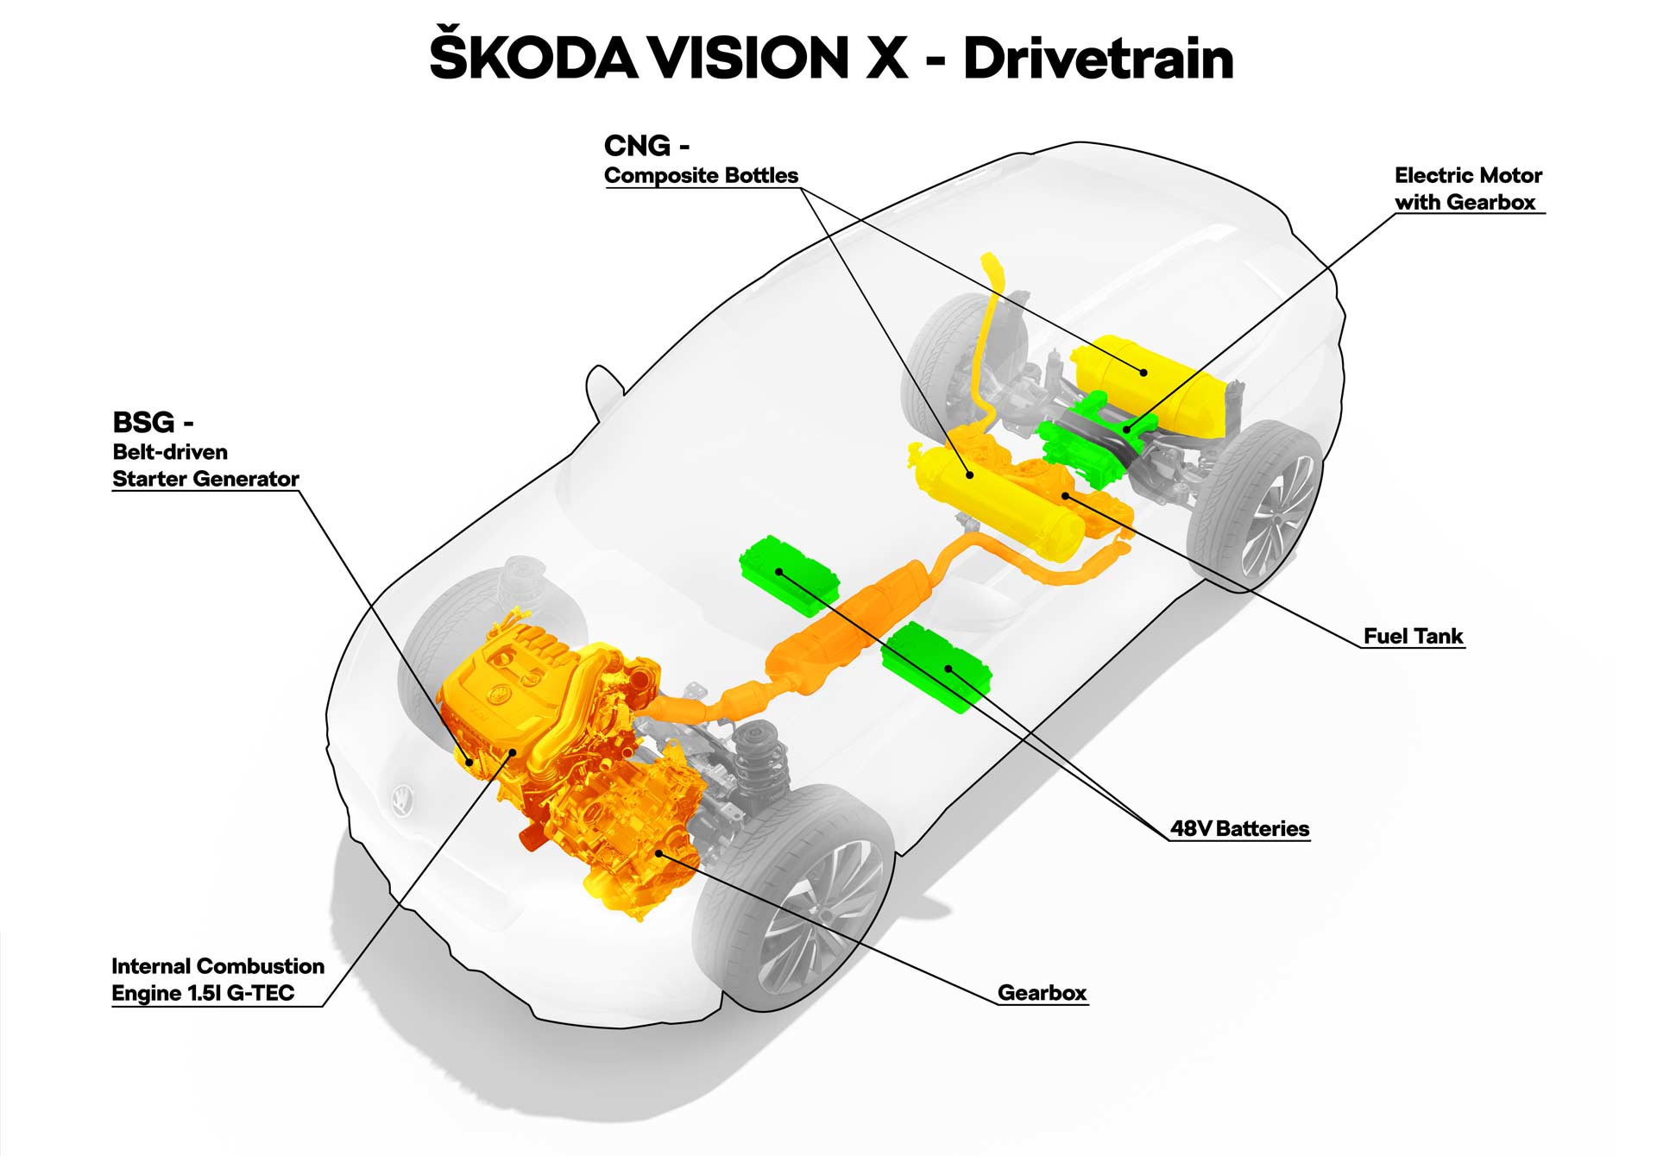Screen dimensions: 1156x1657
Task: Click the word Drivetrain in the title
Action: click(1098, 60)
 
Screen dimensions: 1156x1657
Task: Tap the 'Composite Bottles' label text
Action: click(701, 176)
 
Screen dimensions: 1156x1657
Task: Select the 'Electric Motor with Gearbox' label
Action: click(1467, 189)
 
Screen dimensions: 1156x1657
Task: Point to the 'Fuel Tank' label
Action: click(1413, 637)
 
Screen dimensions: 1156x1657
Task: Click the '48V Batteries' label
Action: click(1239, 829)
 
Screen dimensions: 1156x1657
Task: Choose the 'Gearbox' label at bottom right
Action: click(1042, 993)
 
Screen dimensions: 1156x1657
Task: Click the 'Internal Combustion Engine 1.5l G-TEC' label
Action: click(217, 980)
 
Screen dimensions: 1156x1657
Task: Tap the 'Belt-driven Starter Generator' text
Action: click(205, 466)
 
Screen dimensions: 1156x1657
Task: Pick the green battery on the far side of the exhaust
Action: click(788, 574)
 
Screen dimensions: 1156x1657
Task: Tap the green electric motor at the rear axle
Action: click(1083, 440)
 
